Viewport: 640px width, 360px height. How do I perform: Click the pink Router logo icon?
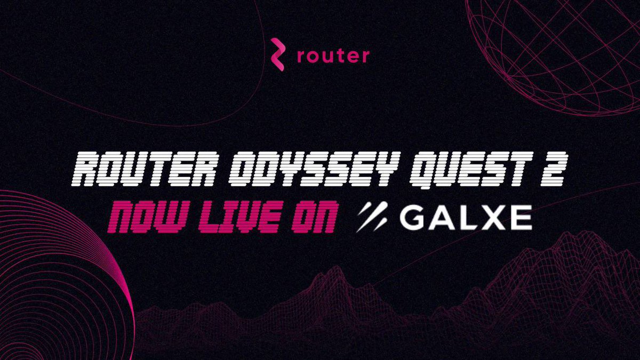tap(277, 54)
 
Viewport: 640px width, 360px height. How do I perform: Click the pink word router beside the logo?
tap(333, 56)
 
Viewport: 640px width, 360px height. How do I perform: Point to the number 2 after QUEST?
tap(554, 169)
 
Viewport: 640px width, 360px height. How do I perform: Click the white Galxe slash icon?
tap(372, 216)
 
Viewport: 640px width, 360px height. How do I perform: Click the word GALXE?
tap(465, 217)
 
